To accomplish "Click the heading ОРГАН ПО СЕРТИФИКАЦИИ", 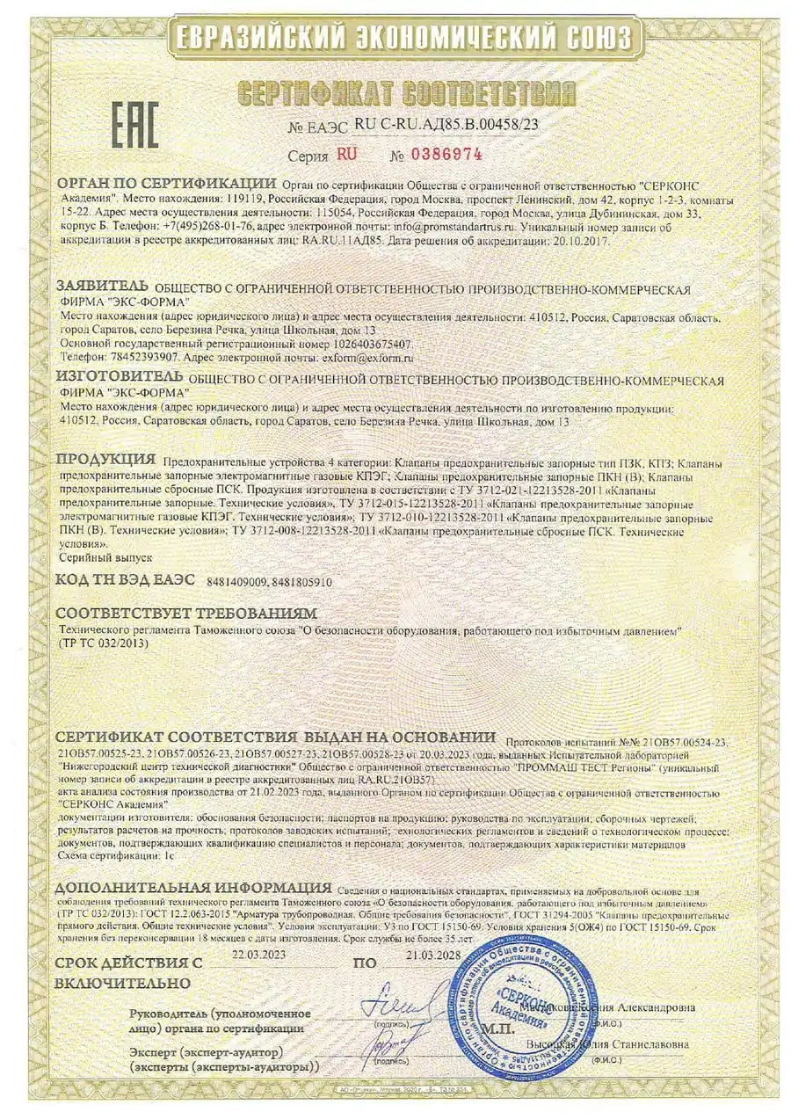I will click(x=166, y=184).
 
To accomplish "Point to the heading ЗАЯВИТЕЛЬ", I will click(x=103, y=287).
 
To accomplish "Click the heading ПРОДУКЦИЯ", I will click(x=106, y=459).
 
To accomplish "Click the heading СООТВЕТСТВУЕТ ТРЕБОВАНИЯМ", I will click(x=186, y=613).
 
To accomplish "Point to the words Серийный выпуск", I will click(x=93, y=557).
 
